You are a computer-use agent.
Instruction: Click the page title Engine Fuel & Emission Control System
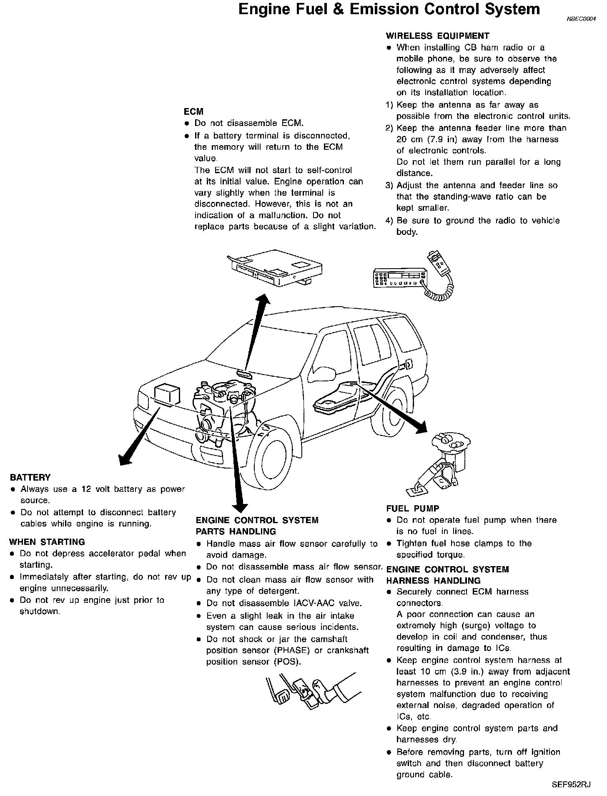coord(389,10)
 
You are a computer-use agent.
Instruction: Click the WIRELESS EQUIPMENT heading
coord(437,36)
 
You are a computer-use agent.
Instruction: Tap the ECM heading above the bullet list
coord(193,112)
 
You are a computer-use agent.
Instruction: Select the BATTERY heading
coord(30,478)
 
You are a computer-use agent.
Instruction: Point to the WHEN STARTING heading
coord(47,542)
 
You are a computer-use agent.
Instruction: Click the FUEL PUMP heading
coord(412,509)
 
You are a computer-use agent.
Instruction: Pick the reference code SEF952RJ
coord(571,785)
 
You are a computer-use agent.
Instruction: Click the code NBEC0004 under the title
coord(581,19)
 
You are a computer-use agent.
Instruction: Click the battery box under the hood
coord(167,394)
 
